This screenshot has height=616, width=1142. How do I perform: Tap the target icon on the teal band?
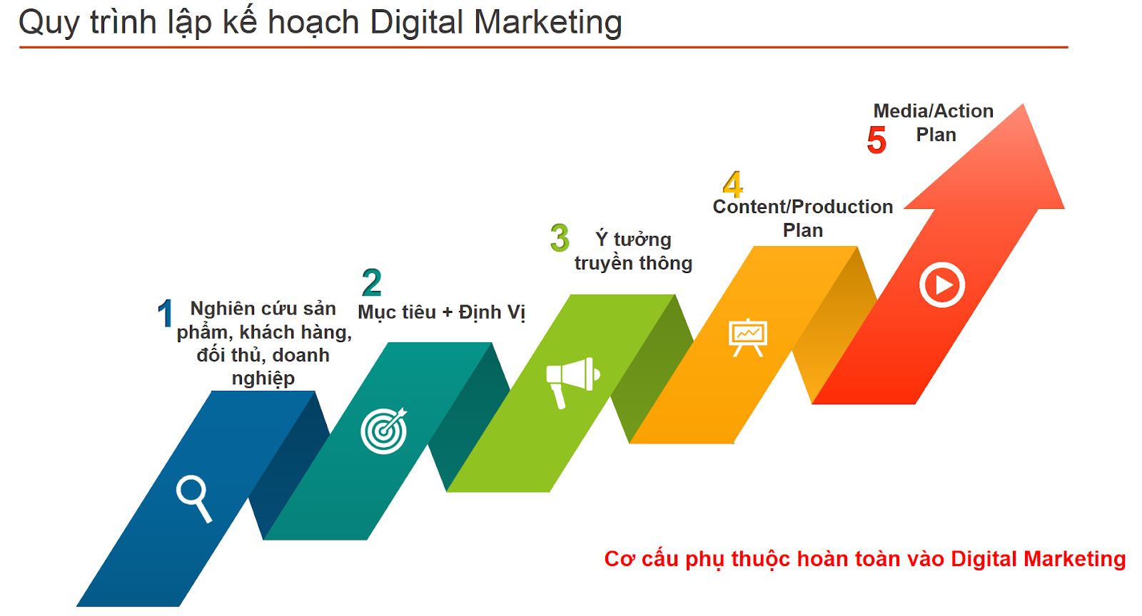pos(385,431)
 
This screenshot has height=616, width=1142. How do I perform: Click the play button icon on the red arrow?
pos(942,285)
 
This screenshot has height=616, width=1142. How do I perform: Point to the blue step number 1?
pos(165,313)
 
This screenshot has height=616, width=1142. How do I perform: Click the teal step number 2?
pos(372,282)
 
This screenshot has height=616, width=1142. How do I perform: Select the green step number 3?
pos(560,237)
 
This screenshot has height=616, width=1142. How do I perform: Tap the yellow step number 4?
pos(732,184)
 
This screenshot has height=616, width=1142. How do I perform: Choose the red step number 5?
pos(877,140)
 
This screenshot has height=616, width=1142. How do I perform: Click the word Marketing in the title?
pos(548,23)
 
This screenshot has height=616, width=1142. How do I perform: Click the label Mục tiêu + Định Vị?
pos(442,312)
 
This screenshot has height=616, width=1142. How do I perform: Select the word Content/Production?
pos(803,207)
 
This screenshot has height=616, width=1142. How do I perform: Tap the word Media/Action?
pos(934,111)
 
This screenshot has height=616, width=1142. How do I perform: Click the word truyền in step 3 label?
pos(600,263)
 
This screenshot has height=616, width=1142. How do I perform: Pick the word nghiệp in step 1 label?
pos(263,379)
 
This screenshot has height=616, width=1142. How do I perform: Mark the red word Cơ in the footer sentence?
pos(620,559)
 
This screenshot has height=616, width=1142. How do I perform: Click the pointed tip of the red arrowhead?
pos(1023,104)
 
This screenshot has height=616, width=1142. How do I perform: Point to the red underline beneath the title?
pos(543,47)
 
